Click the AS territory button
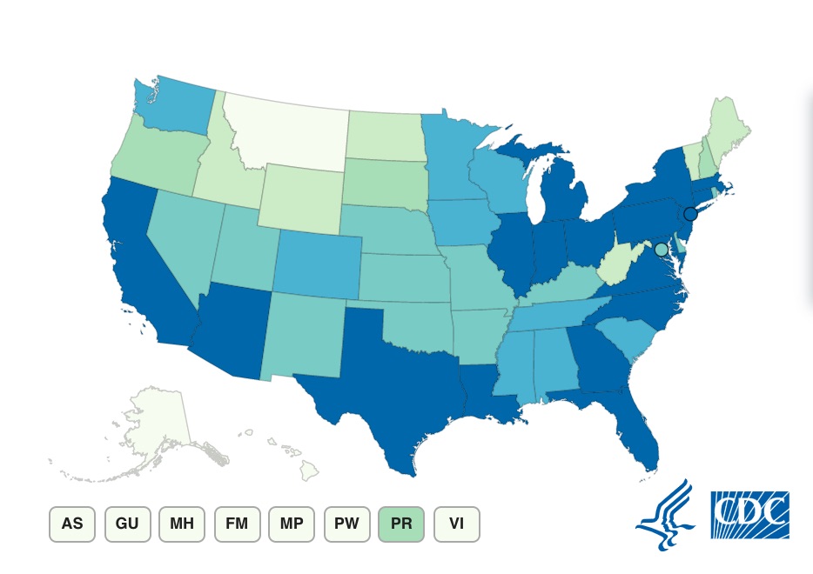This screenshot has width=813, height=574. click(x=72, y=524)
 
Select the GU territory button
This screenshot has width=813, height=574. click(x=127, y=524)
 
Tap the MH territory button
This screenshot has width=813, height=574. click(x=182, y=524)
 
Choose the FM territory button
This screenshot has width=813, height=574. click(x=237, y=524)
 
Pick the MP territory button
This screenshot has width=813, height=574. click(x=292, y=524)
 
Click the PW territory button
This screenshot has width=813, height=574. click(x=346, y=524)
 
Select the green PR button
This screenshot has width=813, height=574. click(x=401, y=524)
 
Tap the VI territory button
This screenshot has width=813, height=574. click(x=456, y=524)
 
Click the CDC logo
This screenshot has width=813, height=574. click(x=749, y=515)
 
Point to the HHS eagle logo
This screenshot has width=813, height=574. click(x=665, y=515)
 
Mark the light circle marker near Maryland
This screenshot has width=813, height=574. click(x=661, y=250)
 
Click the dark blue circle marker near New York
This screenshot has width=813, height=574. click(x=689, y=214)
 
